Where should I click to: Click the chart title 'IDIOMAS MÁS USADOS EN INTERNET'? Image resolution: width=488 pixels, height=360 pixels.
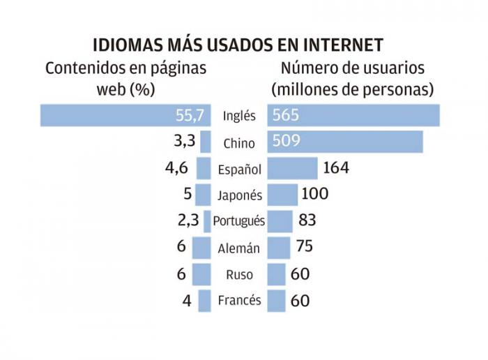point(238,45)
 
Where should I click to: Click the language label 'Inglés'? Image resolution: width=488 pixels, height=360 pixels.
point(239,116)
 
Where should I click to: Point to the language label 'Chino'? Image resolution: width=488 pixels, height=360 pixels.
point(239,143)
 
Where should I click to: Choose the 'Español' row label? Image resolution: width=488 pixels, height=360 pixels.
point(239,169)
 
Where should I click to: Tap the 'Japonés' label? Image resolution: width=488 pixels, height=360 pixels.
point(239,195)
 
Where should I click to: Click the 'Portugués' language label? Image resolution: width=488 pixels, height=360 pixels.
point(239,221)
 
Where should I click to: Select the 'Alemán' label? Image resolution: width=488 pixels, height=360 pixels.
point(239,248)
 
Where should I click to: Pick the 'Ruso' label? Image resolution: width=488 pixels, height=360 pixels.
point(239,274)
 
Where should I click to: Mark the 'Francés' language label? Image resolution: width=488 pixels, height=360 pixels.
point(239,301)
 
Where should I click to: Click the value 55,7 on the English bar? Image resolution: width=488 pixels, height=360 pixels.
point(190,116)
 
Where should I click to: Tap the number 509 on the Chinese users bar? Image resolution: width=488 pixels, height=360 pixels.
point(287,142)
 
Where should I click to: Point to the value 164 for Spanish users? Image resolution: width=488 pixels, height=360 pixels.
point(335,168)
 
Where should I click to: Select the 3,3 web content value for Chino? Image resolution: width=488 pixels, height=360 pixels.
point(183,142)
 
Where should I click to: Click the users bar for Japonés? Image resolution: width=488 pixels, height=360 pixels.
point(282,195)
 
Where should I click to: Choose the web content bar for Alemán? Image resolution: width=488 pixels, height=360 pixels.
point(201,248)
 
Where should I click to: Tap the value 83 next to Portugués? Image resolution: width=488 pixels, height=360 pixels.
point(307,220)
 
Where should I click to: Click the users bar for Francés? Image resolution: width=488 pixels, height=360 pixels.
point(277,301)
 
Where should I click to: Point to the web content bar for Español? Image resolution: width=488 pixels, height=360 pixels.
point(204,168)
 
